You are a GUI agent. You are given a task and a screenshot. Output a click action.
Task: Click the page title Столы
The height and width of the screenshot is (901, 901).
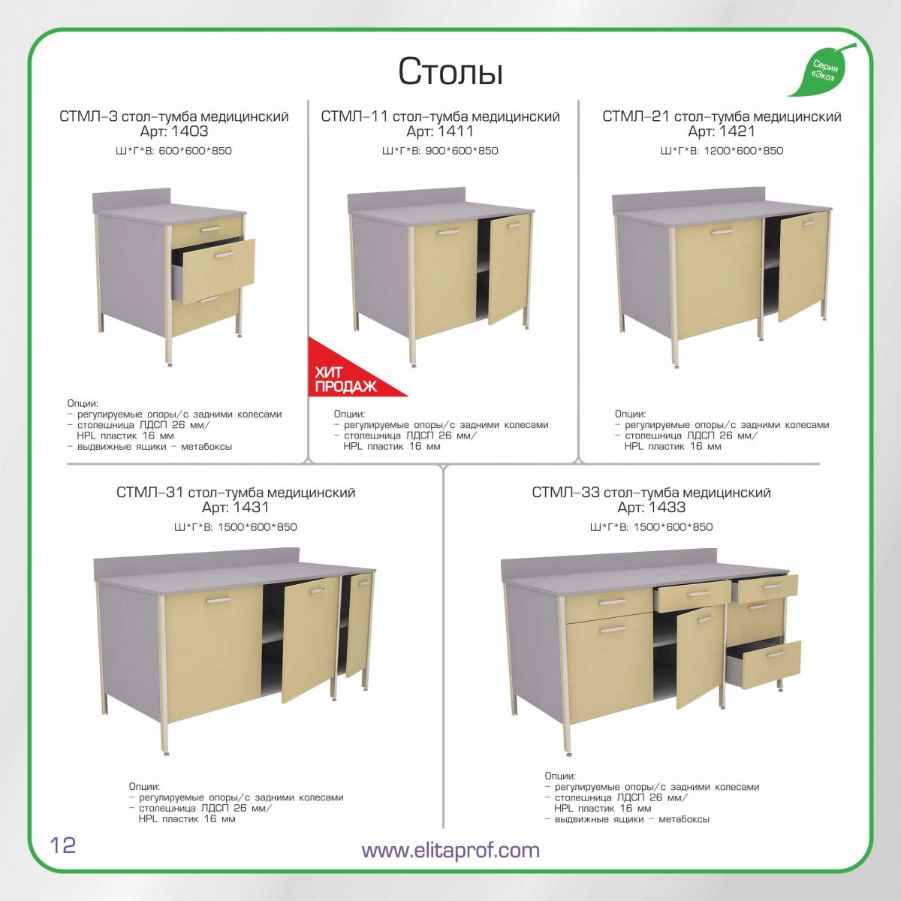[450, 72]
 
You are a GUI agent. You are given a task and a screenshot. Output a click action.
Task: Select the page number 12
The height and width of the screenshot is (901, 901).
[62, 844]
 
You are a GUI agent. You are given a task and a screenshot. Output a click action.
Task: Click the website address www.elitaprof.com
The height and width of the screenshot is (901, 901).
[450, 849]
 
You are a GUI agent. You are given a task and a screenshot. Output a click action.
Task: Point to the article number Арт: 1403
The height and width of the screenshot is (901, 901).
[174, 131]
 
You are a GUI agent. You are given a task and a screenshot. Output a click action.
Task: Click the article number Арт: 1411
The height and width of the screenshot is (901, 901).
[439, 131]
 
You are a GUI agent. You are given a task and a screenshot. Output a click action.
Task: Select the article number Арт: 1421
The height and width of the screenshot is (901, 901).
[722, 131]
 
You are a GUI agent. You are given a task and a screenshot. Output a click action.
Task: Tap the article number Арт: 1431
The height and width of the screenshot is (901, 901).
[235, 508]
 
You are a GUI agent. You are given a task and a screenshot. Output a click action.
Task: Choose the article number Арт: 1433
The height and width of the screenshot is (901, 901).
[651, 508]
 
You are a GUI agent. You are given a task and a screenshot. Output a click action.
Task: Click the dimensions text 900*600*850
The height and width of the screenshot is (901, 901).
[462, 151]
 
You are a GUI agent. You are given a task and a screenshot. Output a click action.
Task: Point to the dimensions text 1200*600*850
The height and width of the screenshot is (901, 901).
[743, 151]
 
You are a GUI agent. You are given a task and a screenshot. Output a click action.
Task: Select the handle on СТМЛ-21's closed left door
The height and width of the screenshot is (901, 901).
[721, 231]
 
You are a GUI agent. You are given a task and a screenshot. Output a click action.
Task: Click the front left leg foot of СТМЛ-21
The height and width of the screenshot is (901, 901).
[677, 365]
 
